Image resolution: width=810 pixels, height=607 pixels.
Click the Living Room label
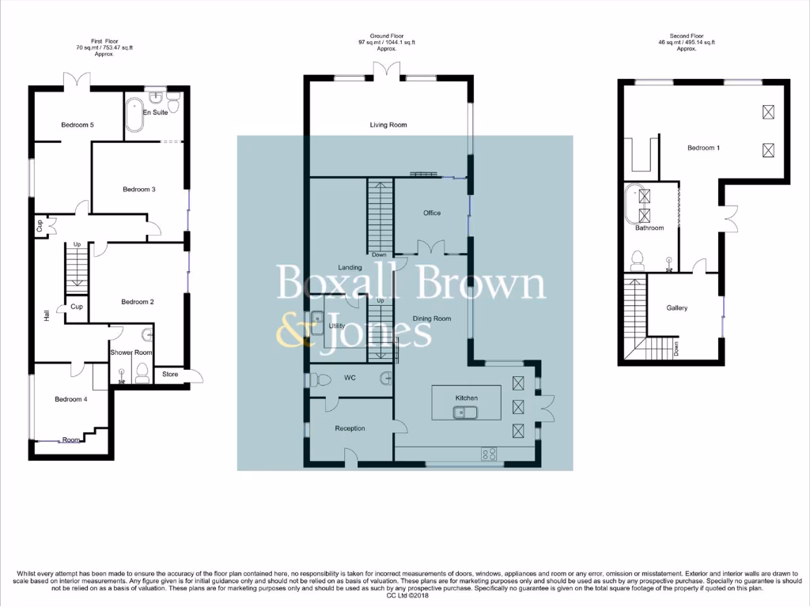pyautogui.click(x=388, y=125)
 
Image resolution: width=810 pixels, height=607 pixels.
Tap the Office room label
pyautogui.click(x=431, y=213)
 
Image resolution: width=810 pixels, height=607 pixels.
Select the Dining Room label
pyautogui.click(x=432, y=319)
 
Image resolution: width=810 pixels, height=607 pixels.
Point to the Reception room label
pyautogui.click(x=350, y=428)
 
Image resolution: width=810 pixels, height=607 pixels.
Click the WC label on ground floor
pyautogui.click(x=350, y=378)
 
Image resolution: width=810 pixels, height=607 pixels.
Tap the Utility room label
pyautogui.click(x=337, y=326)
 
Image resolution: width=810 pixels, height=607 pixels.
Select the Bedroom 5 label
pyautogui.click(x=78, y=125)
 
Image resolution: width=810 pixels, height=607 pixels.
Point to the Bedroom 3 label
pyautogui.click(x=138, y=189)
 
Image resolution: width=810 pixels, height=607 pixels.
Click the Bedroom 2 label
pyautogui.click(x=137, y=302)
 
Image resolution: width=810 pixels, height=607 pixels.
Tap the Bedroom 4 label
pyautogui.click(x=70, y=399)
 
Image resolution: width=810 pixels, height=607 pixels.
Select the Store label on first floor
pyautogui.click(x=170, y=375)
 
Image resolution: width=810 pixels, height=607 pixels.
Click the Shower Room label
pyautogui.click(x=131, y=353)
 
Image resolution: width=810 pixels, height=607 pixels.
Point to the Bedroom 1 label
pyautogui.click(x=703, y=148)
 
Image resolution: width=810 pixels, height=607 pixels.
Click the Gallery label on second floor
pyautogui.click(x=677, y=308)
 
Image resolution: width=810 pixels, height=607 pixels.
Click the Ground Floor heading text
pyautogui.click(x=386, y=36)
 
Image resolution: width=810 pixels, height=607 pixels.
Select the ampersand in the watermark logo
pyautogui.click(x=293, y=332)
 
